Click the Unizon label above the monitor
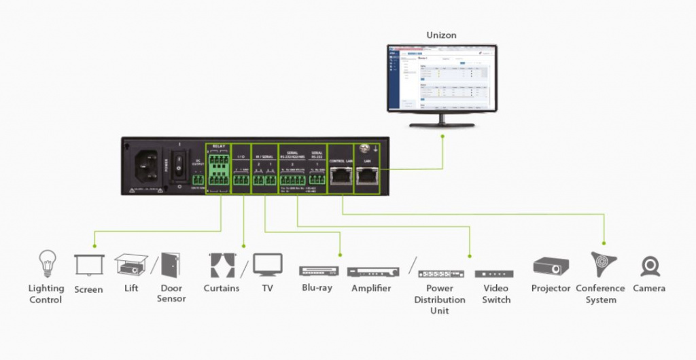click(441, 35)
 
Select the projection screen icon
click(88, 264)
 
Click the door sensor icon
click(170, 264)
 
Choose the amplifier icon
click(372, 272)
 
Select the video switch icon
click(494, 274)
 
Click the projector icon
click(551, 266)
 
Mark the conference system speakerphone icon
click(601, 264)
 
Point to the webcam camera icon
click(650, 266)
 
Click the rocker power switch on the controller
click(179, 167)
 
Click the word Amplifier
click(371, 288)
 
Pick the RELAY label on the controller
click(217, 146)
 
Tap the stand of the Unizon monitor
click(442, 120)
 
